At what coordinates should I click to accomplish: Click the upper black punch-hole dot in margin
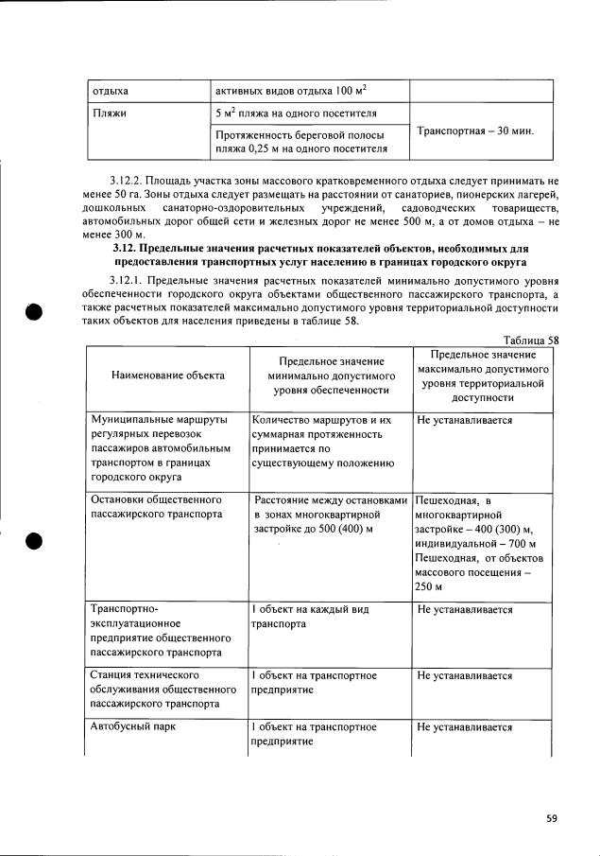pos(35,313)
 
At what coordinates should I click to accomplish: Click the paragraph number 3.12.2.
pos(131,179)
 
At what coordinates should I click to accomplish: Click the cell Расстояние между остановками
pos(330,498)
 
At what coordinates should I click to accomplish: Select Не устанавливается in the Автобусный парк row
pos(465,727)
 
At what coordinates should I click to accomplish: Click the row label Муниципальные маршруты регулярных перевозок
pos(159,447)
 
